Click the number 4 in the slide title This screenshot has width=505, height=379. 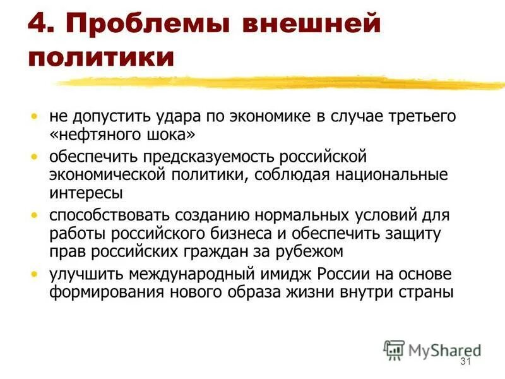pyautogui.click(x=39, y=27)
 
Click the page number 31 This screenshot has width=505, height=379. pyautogui.click(x=466, y=361)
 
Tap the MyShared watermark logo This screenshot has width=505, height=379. pyautogui.click(x=432, y=350)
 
